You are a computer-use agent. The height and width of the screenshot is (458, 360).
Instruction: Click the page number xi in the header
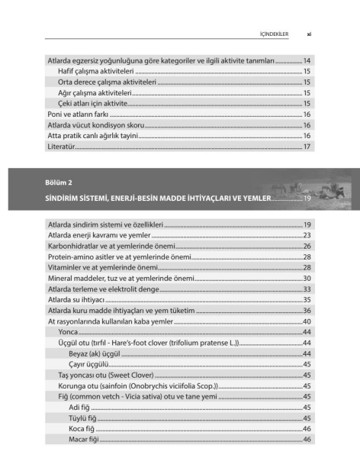click(x=308, y=34)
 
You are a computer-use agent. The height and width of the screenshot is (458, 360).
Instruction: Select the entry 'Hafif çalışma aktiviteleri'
click(x=90, y=70)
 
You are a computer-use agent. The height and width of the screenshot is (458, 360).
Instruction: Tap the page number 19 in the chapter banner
click(x=307, y=198)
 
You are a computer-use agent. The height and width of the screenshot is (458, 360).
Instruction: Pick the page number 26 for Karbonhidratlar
click(x=306, y=247)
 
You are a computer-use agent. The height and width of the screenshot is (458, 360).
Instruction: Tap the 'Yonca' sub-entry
click(x=68, y=333)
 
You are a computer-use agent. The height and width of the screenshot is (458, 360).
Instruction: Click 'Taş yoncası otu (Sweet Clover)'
click(x=106, y=376)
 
